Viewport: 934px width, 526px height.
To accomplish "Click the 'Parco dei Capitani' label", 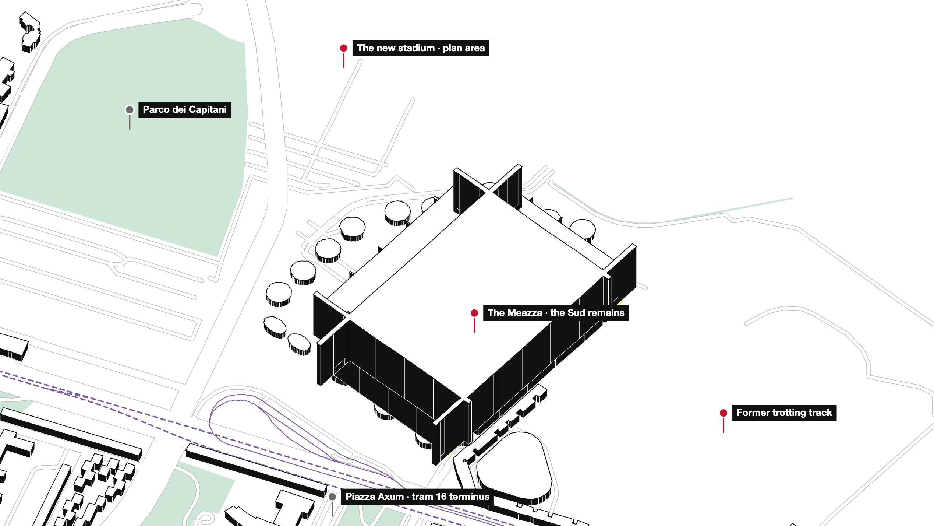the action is tap(185, 110).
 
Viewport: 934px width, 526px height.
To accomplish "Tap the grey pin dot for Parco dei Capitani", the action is tap(130, 110).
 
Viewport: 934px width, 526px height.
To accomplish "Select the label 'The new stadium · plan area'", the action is tap(421, 48).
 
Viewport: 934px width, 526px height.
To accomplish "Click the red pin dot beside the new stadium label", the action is tap(344, 48).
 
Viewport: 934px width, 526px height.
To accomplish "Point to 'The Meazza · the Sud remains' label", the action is tap(556, 313).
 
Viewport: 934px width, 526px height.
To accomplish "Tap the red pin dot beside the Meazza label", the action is tap(474, 313).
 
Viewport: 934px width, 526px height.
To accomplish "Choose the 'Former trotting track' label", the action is tap(784, 413).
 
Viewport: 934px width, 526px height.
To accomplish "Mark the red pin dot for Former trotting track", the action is tap(724, 413).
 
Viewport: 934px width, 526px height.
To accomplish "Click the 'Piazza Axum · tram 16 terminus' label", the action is tap(417, 497).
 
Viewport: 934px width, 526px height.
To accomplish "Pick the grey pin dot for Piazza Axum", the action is tap(332, 497).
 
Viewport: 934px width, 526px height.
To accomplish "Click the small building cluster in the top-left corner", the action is tap(30, 32).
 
